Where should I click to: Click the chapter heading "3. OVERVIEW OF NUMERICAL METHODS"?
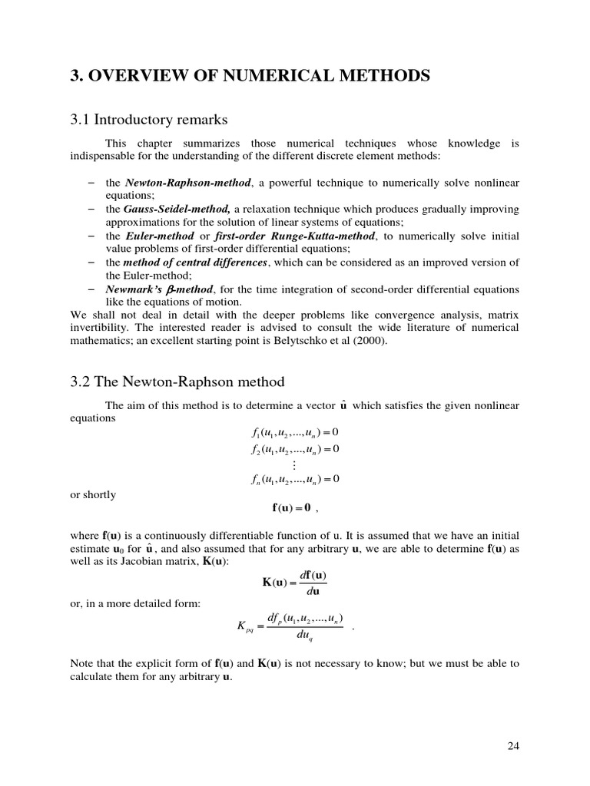250,76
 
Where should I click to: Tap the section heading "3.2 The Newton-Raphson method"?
177,381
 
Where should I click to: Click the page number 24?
513,745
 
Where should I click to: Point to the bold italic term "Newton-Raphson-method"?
187,183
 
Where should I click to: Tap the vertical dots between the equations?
293,464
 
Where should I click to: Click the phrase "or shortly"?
93,494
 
